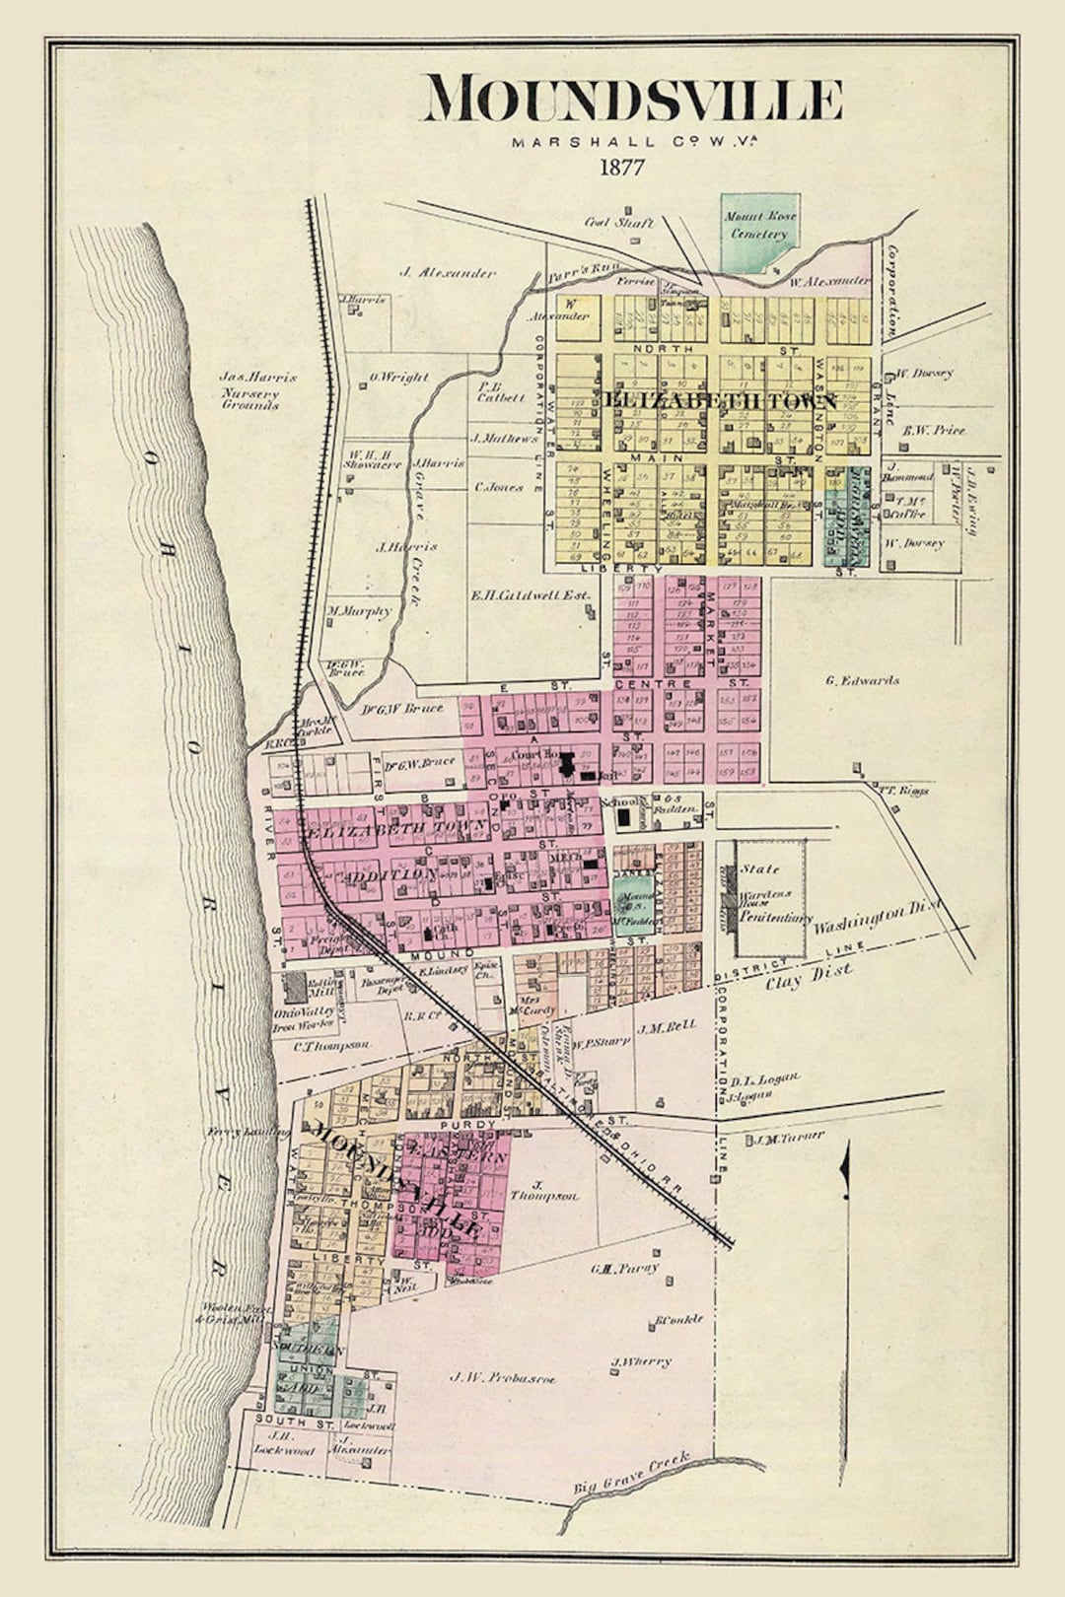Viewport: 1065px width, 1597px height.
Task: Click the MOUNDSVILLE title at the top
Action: [x=632, y=100]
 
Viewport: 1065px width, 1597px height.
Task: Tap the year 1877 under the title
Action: [x=621, y=167]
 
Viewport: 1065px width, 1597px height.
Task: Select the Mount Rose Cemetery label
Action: [x=759, y=226]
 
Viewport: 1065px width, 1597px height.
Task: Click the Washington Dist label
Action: [x=876, y=917]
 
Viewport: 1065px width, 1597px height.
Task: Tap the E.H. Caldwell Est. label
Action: [x=531, y=595]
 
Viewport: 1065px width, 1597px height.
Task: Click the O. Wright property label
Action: [x=398, y=377]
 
